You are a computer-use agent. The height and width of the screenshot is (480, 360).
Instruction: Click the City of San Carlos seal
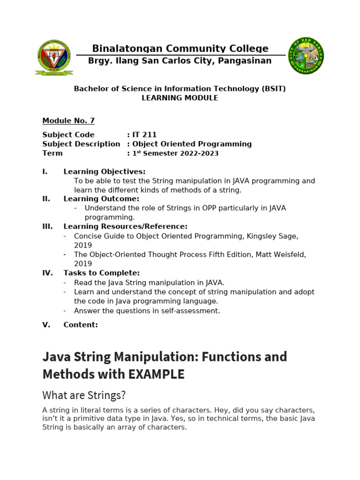[x=306, y=56]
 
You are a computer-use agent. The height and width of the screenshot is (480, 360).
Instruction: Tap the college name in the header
[x=180, y=49]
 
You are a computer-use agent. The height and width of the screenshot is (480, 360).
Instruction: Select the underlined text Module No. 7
[x=68, y=120]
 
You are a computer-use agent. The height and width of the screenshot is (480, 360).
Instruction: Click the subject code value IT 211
[x=144, y=135]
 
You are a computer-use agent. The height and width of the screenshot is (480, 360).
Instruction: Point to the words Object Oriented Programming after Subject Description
[x=192, y=144]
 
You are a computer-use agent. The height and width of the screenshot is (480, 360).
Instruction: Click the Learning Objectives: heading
[x=105, y=172]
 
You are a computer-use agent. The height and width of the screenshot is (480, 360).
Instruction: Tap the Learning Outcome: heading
[x=101, y=199]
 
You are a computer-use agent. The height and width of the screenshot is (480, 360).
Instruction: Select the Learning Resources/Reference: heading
[x=125, y=226]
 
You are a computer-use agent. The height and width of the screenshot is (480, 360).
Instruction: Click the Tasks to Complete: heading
[x=101, y=273]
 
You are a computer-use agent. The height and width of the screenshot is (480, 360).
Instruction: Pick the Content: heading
[x=81, y=324]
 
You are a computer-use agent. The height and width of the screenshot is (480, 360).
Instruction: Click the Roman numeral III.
[x=47, y=226]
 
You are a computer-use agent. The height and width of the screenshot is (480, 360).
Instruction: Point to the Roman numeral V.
[x=46, y=324]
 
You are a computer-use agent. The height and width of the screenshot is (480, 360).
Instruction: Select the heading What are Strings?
[x=84, y=395]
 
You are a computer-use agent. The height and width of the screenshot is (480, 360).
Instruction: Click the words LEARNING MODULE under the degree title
[x=180, y=98]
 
